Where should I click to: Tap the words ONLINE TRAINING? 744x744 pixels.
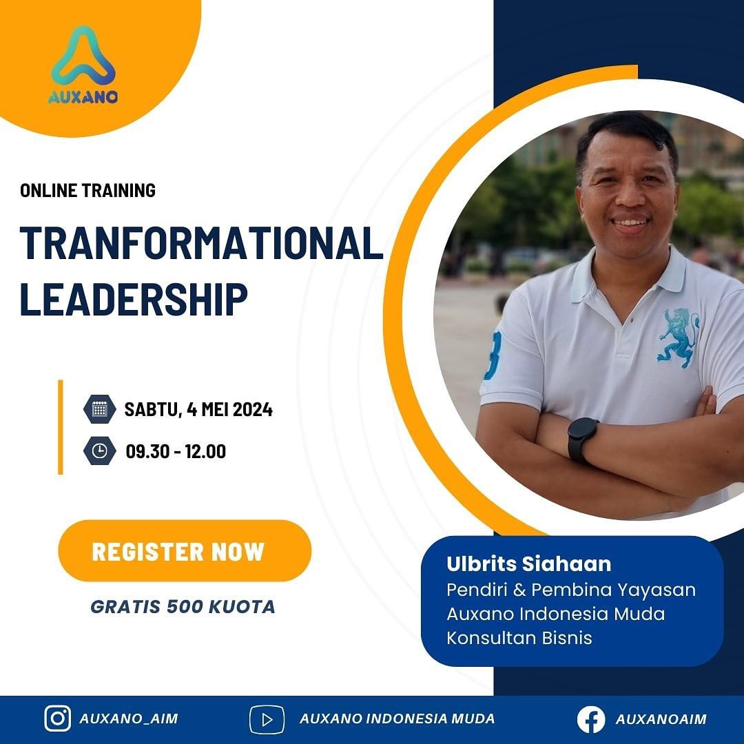[88, 190]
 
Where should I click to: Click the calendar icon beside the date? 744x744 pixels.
[99, 409]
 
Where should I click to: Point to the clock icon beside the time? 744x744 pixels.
[99, 451]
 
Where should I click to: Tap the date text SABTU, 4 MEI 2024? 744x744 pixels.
[198, 410]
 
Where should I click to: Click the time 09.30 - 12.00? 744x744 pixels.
[176, 452]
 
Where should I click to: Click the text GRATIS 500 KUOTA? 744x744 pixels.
[183, 607]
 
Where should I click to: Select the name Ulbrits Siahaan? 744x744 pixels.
[528, 564]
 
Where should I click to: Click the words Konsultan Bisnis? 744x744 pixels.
[519, 637]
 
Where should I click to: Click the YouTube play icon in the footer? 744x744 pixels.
[267, 719]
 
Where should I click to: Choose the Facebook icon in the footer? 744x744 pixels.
[591, 719]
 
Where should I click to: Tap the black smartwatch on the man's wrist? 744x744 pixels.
[582, 439]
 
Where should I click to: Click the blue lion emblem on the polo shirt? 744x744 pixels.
[678, 336]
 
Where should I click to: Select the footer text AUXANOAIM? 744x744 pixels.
[661, 719]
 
